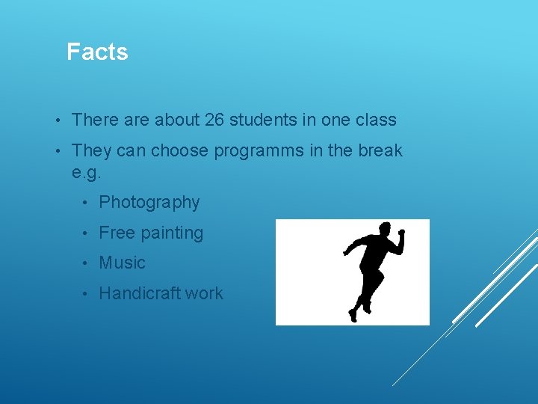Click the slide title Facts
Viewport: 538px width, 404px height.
click(x=97, y=52)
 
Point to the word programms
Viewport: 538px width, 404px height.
click(x=259, y=151)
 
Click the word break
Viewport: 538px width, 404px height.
click(x=380, y=150)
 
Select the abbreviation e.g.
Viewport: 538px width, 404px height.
click(x=86, y=172)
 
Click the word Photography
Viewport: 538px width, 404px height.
click(x=149, y=203)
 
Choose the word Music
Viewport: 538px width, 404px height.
click(x=122, y=263)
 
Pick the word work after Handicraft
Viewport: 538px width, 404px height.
click(x=204, y=293)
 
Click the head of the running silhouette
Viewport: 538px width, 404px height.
click(x=386, y=229)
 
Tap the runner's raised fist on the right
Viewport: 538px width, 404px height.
click(x=401, y=233)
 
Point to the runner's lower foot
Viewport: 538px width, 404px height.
click(x=352, y=315)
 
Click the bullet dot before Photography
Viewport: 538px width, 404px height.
click(x=87, y=203)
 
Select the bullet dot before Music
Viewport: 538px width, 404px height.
click(x=87, y=263)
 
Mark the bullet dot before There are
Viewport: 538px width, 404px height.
click(x=58, y=120)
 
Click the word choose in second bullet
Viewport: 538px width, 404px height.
click(x=180, y=151)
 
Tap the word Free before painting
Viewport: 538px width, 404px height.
click(x=117, y=233)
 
